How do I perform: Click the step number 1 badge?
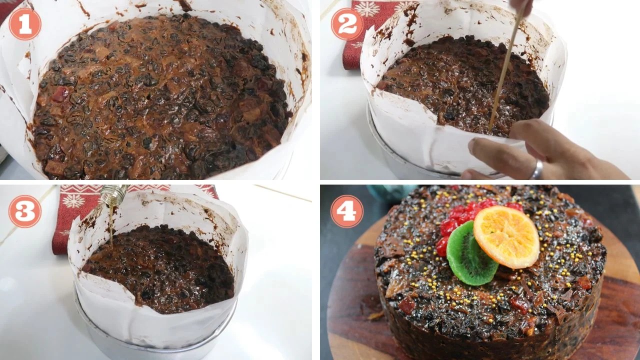[x=25, y=24]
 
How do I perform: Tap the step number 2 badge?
[x=347, y=24]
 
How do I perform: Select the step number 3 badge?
[x=25, y=211]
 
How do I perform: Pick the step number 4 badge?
[x=347, y=211]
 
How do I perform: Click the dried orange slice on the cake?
[x=506, y=236]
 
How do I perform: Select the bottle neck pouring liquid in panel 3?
[x=114, y=193]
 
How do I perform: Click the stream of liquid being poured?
[x=111, y=223]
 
